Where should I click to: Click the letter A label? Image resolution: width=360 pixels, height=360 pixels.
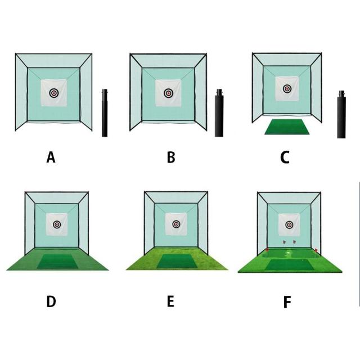point(51,157)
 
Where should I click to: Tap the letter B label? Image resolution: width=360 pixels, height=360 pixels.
point(171,157)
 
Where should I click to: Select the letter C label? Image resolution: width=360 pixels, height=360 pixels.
point(285,157)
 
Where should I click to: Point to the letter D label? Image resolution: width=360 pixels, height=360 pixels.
point(51,301)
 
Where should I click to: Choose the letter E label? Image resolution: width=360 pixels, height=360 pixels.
point(170,301)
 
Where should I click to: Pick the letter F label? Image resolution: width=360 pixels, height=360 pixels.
point(287,302)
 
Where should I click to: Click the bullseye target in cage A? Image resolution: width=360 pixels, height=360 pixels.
point(54,93)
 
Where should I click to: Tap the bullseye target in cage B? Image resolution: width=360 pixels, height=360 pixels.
point(169,93)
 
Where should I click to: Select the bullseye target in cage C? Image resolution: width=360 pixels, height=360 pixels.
point(287,88)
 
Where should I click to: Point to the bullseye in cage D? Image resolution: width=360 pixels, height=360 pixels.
point(57,224)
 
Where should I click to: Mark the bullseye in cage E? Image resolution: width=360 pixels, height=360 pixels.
point(176,224)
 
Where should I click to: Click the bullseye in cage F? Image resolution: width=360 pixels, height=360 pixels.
point(289,225)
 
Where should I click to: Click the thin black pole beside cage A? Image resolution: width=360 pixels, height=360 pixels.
point(105,113)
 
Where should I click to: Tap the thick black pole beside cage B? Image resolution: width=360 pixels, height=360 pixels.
point(219,113)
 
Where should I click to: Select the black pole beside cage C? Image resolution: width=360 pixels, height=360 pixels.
point(341,114)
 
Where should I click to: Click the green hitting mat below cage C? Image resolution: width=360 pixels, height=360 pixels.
point(287,127)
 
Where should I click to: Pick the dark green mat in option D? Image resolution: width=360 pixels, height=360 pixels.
point(57,261)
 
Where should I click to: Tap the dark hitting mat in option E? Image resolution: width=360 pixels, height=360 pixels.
point(177,261)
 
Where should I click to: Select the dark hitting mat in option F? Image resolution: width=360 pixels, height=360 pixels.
point(290,265)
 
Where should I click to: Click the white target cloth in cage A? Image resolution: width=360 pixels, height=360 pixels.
point(54,93)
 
